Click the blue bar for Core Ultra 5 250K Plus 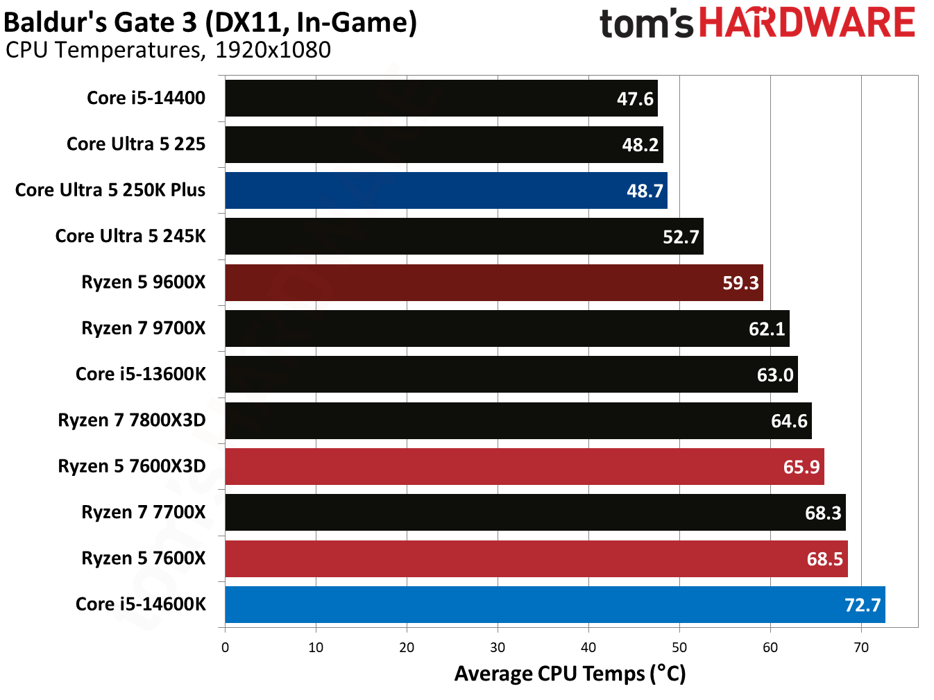pos(445,191)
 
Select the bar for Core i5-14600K pos(554,604)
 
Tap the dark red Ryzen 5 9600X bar pos(493,282)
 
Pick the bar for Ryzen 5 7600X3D pos(524,466)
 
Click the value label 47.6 pos(635,99)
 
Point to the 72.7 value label pos(862,605)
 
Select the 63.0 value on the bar pos(774,375)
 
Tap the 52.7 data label pos(680,237)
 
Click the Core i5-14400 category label pos(146,98)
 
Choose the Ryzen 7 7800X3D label pos(132,420)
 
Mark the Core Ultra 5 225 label pos(136,144)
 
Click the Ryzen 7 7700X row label pos(144,512)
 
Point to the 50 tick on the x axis pos(679,647)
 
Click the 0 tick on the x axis pos(225,647)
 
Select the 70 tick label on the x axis pos(861,647)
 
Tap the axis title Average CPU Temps pos(570,674)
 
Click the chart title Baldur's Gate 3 pos(210,22)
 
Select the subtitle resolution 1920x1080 pos(273,50)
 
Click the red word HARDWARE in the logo pos(807,23)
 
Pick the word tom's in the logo pos(646,24)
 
